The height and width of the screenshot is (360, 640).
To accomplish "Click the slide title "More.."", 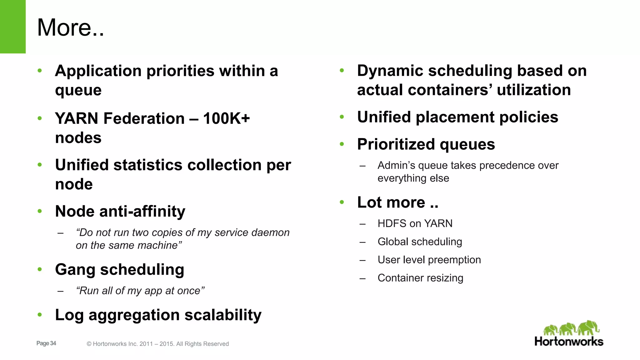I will point(70,27).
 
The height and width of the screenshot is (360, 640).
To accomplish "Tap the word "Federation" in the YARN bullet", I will point(144,119).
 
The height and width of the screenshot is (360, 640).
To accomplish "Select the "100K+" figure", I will point(227,119).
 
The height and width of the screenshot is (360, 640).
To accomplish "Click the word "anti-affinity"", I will point(142,212).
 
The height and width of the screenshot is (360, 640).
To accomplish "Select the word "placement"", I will point(455,117).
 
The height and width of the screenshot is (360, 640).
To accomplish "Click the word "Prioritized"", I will point(396,144).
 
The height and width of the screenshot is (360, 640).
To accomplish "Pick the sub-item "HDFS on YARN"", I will point(415,223).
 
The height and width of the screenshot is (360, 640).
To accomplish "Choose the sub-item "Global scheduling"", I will point(420,242).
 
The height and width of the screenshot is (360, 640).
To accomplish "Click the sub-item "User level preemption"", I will point(429,260).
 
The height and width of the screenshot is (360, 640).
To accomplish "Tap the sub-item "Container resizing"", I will point(420,278).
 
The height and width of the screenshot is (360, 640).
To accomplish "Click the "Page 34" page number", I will point(46,343).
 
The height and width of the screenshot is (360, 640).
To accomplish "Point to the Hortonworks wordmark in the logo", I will point(569,342).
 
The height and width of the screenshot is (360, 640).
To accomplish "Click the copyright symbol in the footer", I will point(89,344).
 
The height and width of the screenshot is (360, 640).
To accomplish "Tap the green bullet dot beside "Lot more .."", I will point(342,202).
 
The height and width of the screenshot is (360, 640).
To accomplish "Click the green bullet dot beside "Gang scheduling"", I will point(40,269).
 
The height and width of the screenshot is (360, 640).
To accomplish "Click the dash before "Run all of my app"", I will point(61,291).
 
